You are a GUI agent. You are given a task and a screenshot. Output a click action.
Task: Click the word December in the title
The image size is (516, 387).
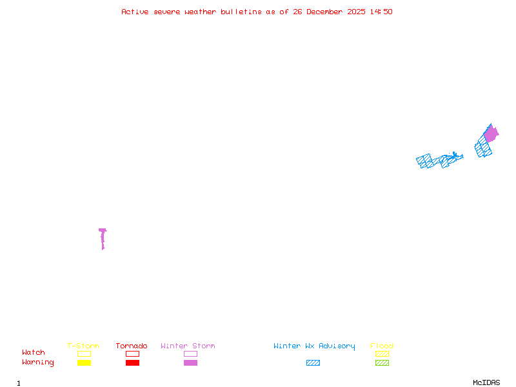pos(324,12)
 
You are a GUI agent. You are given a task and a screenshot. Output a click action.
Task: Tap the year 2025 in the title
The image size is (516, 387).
pos(356,12)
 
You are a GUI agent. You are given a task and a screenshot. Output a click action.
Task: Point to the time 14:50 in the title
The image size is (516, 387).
pos(381,12)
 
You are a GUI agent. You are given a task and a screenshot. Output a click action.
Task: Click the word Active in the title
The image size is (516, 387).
pos(135,12)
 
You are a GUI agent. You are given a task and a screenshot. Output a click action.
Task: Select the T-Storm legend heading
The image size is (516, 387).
pos(83,346)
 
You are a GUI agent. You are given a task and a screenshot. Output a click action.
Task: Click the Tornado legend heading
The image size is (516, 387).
pos(132,346)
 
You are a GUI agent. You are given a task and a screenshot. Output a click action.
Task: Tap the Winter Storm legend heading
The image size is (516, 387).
pos(188,346)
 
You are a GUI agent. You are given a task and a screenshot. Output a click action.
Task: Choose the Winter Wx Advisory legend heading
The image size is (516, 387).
pos(314,346)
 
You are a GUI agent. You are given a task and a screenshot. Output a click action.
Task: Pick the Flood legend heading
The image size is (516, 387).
pos(382,346)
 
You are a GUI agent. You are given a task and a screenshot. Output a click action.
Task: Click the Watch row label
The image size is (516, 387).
pos(34,352)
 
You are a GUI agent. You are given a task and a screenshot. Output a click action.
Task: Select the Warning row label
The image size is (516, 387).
pos(38,362)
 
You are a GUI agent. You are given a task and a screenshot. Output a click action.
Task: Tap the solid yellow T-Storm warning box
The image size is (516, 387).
pos(84,362)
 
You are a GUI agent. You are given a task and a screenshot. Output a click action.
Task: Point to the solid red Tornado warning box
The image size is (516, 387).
pos(133,362)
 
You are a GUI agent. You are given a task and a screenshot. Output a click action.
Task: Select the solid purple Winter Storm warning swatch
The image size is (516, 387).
pos(190,362)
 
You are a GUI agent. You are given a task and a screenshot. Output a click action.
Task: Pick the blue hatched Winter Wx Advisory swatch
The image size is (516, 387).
pos(313,362)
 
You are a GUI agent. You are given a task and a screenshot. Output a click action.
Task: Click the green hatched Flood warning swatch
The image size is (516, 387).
pos(382,362)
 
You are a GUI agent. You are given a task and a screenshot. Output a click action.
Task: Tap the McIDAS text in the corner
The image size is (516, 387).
pos(486,382)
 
